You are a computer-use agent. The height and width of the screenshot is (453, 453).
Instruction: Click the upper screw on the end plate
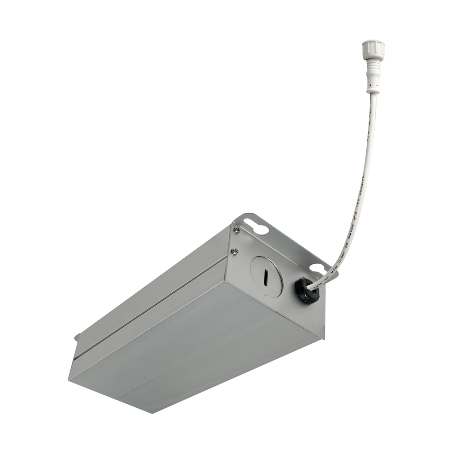click(237, 229)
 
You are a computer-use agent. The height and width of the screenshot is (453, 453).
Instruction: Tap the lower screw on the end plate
click(234, 251)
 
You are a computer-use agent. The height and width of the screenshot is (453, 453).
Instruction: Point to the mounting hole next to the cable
click(317, 268)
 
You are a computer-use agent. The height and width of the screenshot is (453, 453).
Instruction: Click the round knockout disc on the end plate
click(267, 276)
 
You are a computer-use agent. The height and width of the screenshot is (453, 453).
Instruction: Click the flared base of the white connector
click(373, 88)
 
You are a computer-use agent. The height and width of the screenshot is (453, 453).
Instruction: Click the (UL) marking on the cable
click(357, 205)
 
